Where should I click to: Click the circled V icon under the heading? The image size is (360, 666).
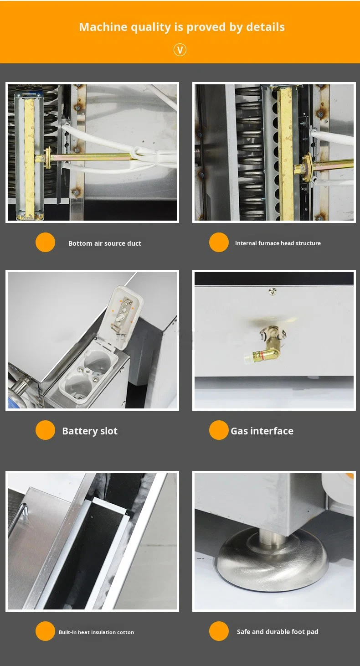click(x=180, y=50)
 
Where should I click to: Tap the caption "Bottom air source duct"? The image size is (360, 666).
click(x=105, y=243)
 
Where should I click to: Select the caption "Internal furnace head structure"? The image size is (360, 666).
click(x=278, y=243)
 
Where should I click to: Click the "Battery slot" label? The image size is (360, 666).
click(x=90, y=431)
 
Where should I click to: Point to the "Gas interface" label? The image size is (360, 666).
click(x=262, y=431)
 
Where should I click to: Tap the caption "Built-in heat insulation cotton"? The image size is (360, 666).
click(x=96, y=632)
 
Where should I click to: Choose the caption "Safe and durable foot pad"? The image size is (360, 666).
click(x=278, y=631)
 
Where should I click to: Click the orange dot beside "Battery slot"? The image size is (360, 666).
click(x=45, y=430)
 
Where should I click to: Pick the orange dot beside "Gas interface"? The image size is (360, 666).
click(x=219, y=430)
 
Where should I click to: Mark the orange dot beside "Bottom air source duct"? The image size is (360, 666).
click(x=45, y=242)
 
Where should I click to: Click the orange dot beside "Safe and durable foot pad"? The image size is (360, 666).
click(x=219, y=631)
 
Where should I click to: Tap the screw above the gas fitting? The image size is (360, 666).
click(x=273, y=291)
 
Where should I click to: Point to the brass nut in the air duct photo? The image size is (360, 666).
click(x=47, y=158)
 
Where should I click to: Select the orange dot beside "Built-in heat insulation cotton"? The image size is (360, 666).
click(x=45, y=631)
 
